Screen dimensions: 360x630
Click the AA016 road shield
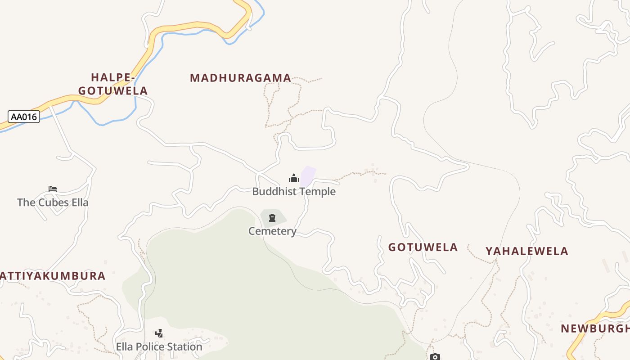pyautogui.click(x=24, y=117)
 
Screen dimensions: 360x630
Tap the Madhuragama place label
pyautogui.click(x=240, y=78)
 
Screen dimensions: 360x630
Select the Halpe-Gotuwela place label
pyautogui.click(x=112, y=84)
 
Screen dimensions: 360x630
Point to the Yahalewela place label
pyautogui.click(x=526, y=251)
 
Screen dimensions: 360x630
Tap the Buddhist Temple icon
pyautogui.click(x=294, y=178)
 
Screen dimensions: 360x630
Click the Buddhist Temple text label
pyautogui.click(x=294, y=192)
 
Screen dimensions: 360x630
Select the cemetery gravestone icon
pyautogui.click(x=272, y=218)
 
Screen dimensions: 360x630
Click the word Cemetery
pyautogui.click(x=272, y=231)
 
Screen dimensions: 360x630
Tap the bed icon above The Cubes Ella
pyautogui.click(x=53, y=189)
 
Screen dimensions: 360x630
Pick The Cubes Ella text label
pyautogui.click(x=53, y=202)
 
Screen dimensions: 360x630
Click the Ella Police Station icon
pyautogui.click(x=159, y=333)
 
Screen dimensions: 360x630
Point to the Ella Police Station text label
pyautogui.click(x=159, y=347)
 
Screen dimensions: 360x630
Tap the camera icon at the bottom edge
pyautogui.click(x=435, y=357)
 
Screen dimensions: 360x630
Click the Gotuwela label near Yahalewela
pyautogui.click(x=423, y=247)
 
